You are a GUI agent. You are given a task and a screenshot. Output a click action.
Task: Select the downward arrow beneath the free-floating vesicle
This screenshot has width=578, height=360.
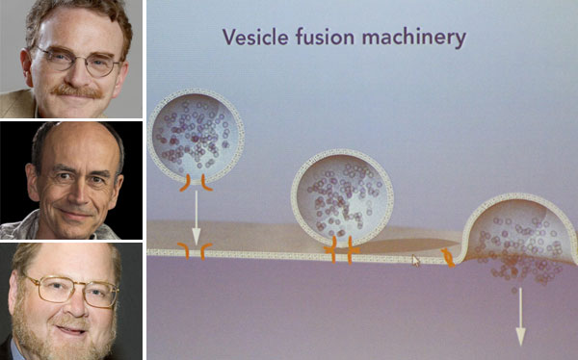pyautogui.click(x=197, y=218)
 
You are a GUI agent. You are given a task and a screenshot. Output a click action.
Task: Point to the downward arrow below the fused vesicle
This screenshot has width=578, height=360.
pyautogui.click(x=520, y=317)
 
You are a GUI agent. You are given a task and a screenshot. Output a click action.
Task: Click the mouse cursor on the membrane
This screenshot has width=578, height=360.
pyautogui.click(x=416, y=261)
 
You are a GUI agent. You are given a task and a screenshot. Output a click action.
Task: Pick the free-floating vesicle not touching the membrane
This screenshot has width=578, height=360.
pyautogui.click(x=197, y=137)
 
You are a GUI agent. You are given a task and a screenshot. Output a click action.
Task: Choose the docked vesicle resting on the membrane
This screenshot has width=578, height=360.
pyautogui.click(x=342, y=198)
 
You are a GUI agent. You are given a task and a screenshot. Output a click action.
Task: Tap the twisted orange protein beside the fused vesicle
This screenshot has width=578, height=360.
pyautogui.click(x=448, y=257)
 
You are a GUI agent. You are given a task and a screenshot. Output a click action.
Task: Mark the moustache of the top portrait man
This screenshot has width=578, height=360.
pyautogui.click(x=76, y=91)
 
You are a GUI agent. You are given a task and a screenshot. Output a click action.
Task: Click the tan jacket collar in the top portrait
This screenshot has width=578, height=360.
pyautogui.click(x=16, y=104)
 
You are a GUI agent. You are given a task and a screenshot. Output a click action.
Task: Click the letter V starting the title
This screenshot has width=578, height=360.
pyautogui.click(x=229, y=37)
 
